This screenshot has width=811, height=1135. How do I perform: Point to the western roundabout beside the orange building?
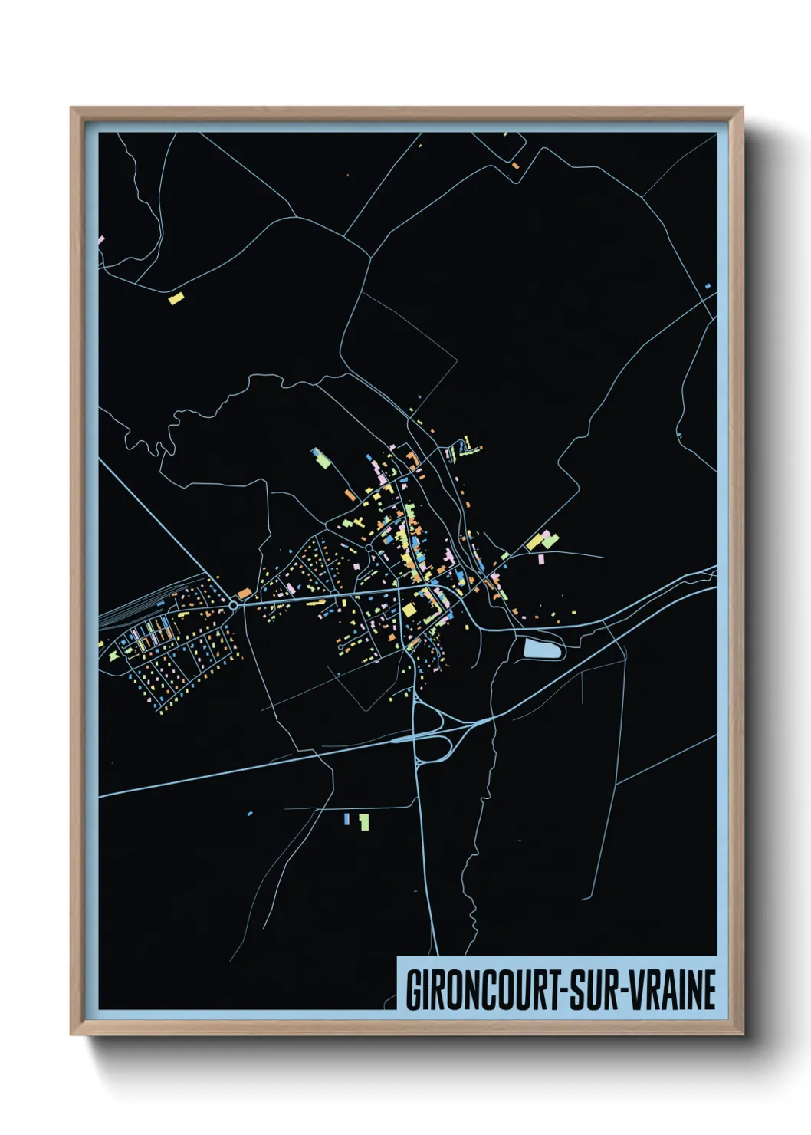point(233,605)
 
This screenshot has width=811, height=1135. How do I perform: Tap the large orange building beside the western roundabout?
point(245,593)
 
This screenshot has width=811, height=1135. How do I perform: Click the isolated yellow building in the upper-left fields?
point(176,298)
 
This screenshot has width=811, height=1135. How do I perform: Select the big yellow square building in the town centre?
point(409,610)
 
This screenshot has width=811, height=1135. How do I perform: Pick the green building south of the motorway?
point(364,822)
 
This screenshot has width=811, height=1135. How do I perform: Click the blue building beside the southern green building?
point(346,819)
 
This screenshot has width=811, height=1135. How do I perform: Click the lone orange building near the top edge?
point(516,165)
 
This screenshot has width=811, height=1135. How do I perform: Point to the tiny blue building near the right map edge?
point(708,286)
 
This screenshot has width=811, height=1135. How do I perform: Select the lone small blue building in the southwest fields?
point(250,812)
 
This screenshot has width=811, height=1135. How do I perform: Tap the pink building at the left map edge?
point(100,239)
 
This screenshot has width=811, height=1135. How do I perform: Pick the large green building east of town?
point(550,540)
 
